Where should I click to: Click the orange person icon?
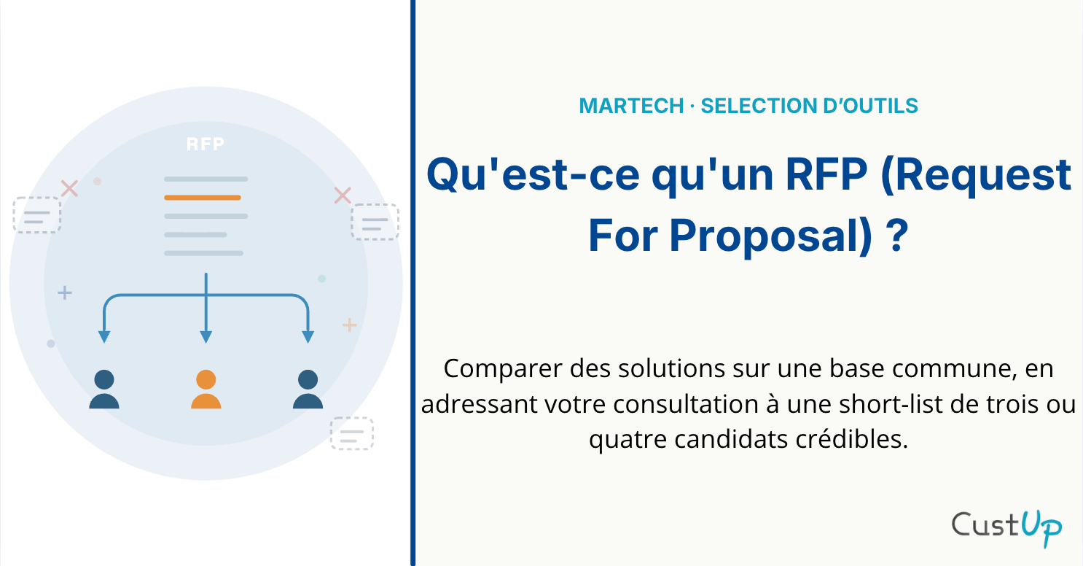206,389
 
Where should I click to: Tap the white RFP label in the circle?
206,144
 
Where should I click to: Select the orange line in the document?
203,198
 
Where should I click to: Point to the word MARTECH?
631,106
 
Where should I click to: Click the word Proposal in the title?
770,236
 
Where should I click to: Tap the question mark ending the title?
897,236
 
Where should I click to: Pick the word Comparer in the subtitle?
503,369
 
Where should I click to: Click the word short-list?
891,404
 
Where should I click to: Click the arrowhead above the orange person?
206,337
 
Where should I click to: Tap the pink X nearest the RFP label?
69,189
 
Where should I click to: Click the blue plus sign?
65,292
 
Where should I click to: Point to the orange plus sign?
349,325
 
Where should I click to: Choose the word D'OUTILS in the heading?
870,106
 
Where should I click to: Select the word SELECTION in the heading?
759,106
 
